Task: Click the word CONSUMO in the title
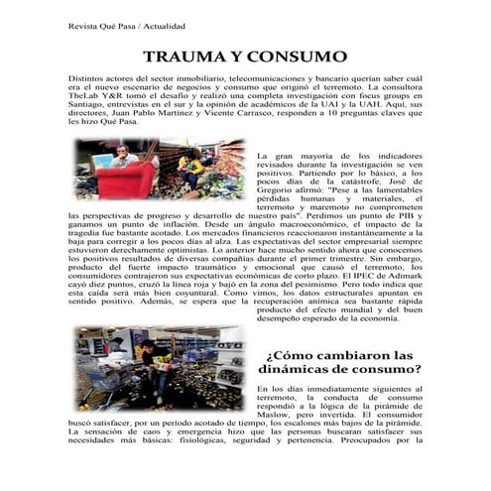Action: click(295, 59)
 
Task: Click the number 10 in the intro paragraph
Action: click(347, 123)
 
